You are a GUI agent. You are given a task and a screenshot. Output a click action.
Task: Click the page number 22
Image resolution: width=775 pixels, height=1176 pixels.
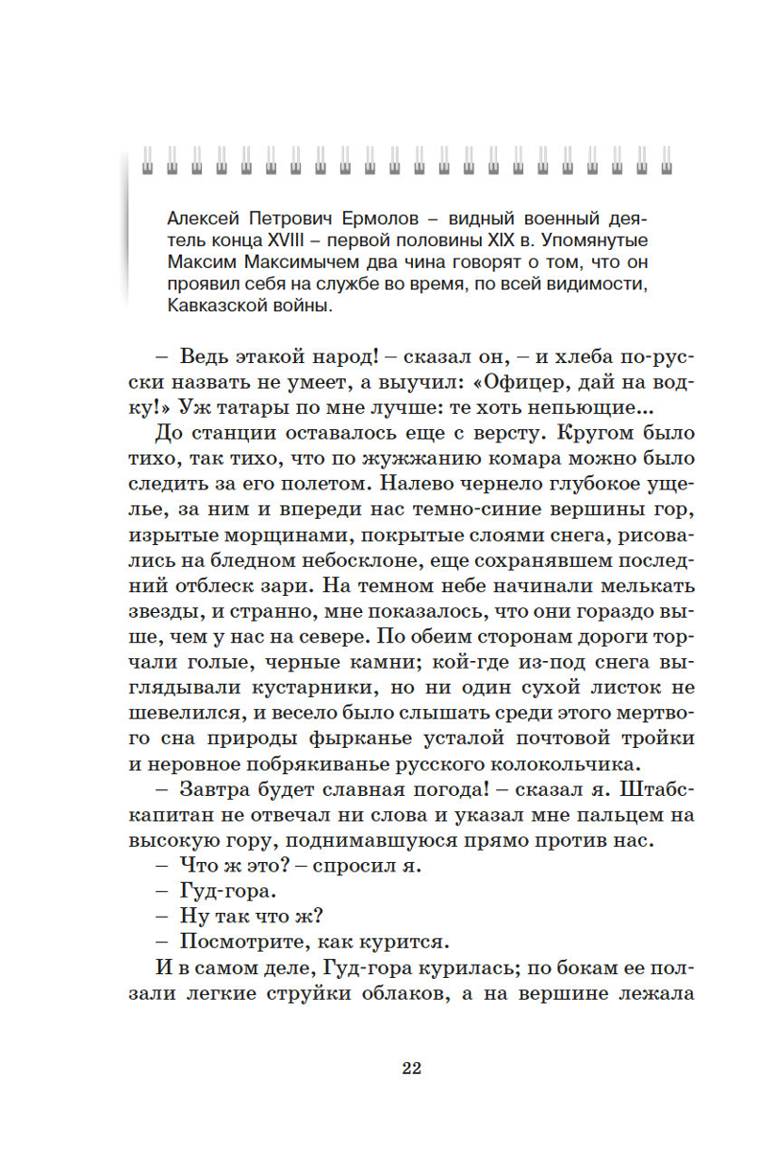click(x=411, y=1068)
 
